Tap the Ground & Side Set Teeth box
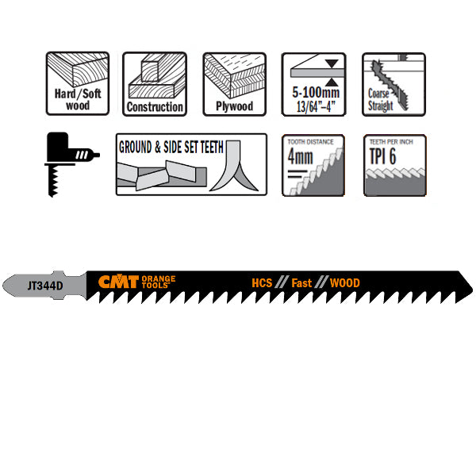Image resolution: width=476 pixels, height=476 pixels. (191, 164)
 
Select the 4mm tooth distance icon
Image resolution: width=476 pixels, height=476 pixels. (313, 165)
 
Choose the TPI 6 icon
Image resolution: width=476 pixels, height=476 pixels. (393, 165)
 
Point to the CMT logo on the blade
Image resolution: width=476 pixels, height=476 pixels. (119, 282)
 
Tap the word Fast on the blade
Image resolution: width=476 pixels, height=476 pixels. (302, 282)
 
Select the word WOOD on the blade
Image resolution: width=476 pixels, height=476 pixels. (344, 282)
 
